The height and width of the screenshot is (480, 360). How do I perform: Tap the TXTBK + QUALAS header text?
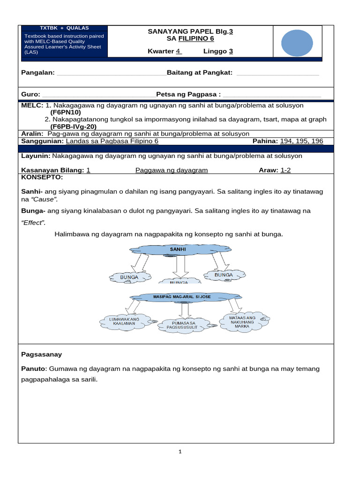click(65, 28)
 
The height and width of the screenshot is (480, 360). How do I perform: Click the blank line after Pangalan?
click(111, 73)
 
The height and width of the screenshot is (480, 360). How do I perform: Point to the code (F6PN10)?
click(66, 112)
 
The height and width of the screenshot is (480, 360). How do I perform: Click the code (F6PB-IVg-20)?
click(73, 127)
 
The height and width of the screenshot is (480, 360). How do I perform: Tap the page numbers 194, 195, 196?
click(301, 141)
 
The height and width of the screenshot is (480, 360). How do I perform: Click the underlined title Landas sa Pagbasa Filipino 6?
click(112, 141)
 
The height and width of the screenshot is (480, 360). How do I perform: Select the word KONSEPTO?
click(42, 178)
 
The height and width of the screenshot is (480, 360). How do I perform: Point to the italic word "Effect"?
click(33, 223)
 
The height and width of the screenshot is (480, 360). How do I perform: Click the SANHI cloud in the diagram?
click(178, 250)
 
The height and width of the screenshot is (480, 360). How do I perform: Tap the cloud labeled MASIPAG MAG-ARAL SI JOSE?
click(182, 297)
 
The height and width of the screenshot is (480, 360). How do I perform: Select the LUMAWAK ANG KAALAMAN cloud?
click(125, 322)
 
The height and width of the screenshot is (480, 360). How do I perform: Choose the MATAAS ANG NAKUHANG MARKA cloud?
click(242, 322)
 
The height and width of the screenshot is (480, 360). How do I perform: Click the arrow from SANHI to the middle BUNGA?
click(178, 267)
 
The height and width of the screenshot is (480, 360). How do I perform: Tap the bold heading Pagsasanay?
click(42, 354)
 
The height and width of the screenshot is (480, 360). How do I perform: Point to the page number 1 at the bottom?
click(180, 452)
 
